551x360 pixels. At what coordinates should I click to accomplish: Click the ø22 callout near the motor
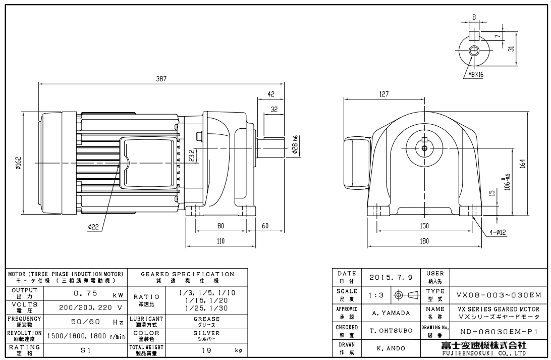coord(93,227)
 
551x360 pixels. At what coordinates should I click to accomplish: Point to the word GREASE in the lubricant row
coord(207,319)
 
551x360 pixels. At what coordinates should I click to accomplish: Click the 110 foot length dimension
coord(221,241)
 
